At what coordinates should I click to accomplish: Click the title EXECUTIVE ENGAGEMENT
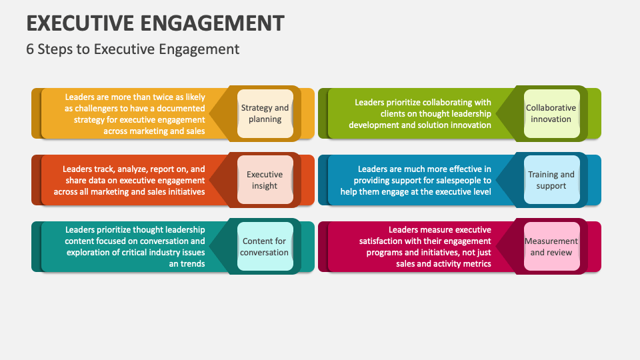coord(155,23)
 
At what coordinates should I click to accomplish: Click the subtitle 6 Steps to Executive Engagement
coord(133,49)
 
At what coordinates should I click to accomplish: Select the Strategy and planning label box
coord(265,113)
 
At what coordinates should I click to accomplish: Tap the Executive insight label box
coord(265,180)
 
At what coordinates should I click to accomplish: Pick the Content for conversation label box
coord(265,247)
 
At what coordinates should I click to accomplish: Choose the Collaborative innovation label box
coord(551,113)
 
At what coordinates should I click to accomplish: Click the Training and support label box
coord(551,180)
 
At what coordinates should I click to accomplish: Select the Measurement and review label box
coord(551,247)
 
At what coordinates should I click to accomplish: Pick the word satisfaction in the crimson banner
coord(385,241)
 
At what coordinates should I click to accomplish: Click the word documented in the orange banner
coord(181,108)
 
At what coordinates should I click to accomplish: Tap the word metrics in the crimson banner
coord(477,263)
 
